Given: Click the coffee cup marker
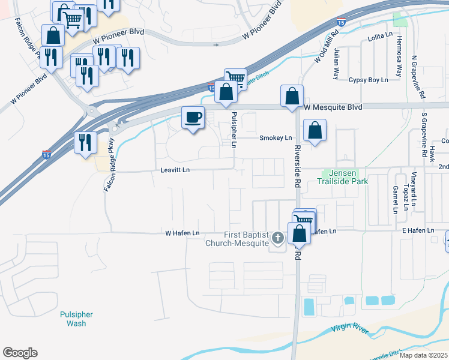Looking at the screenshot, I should pyautogui.click(x=193, y=117).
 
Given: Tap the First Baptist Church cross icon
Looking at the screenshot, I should pyautogui.click(x=277, y=238).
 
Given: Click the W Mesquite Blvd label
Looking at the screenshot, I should pyautogui.click(x=333, y=107).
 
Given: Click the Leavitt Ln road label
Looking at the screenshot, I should pyautogui.click(x=175, y=170).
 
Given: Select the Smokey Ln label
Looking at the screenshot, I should pyautogui.click(x=275, y=138).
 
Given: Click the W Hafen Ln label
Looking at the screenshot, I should pyautogui.click(x=182, y=233).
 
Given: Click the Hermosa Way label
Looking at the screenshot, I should pyautogui.click(x=398, y=56).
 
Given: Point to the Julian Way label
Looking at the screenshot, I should pyautogui.click(x=337, y=64).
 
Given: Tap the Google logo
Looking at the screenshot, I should pyautogui.click(x=20, y=353).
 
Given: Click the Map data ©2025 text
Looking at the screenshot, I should pyautogui.click(x=423, y=355).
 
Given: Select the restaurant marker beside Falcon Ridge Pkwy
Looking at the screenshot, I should pyautogui.click(x=85, y=143).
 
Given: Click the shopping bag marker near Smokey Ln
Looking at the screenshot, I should pyautogui.click(x=315, y=130).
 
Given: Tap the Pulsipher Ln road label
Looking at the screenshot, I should pyautogui.click(x=234, y=130).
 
